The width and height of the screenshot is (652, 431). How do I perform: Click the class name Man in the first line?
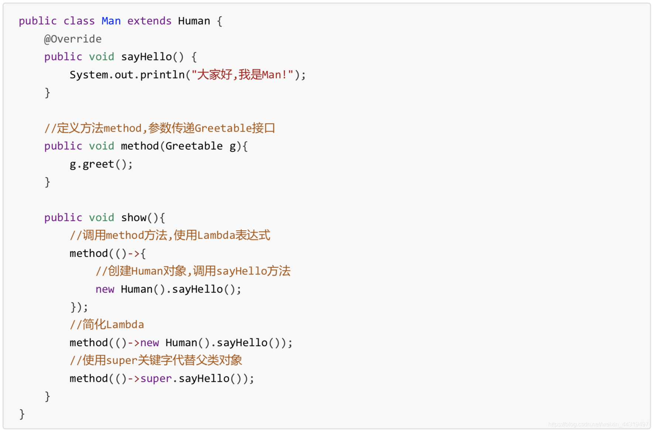111,21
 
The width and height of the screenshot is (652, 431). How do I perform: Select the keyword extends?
149,21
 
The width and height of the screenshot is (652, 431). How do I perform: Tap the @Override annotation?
73,39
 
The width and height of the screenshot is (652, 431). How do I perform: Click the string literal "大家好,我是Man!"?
242,75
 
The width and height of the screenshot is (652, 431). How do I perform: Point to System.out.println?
127,75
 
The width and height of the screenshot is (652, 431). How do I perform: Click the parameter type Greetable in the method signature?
194,146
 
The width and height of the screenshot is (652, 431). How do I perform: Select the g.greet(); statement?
101,164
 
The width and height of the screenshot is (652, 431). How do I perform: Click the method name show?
134,218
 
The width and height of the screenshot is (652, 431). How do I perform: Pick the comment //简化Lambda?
107,325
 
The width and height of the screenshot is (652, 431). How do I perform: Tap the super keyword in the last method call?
156,379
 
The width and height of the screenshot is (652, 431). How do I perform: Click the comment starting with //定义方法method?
159,128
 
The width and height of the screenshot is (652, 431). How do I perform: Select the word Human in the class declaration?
194,21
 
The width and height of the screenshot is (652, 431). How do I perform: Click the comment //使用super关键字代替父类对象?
156,361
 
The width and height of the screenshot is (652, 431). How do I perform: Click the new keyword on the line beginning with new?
105,289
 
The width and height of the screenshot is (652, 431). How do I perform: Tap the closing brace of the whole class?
22,414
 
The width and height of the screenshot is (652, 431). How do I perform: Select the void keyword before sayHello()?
102,57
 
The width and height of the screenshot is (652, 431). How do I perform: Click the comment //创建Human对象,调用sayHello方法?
193,271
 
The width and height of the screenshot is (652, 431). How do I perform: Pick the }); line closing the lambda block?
79,307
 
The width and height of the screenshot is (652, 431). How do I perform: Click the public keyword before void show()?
63,218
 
